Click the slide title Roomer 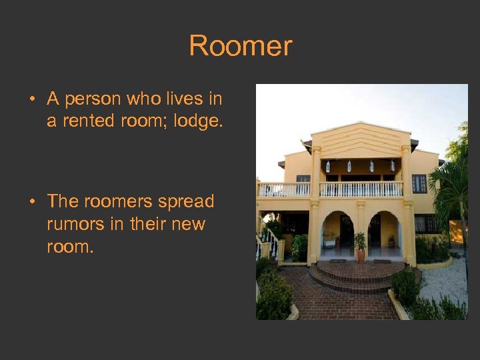(x=240, y=47)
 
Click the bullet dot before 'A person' (x=32, y=100)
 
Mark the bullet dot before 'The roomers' (x=32, y=202)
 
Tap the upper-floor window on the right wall (x=419, y=183)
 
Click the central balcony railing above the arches (x=361, y=189)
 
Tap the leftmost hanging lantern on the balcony (x=328, y=167)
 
